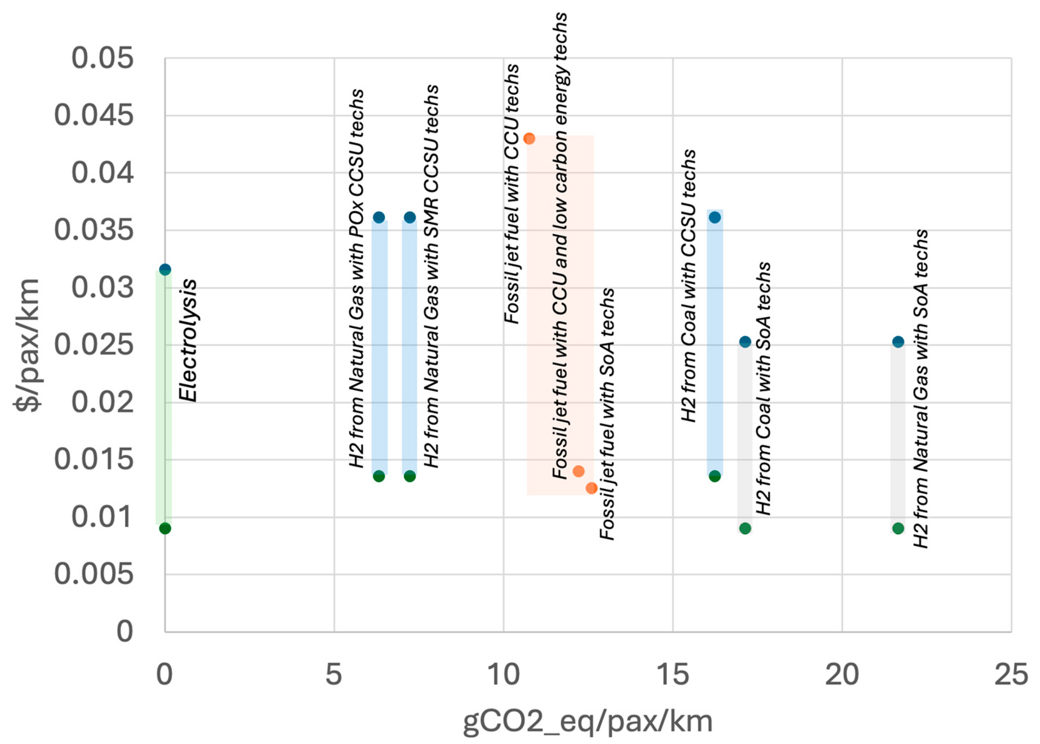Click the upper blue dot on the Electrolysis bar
pos(165,269)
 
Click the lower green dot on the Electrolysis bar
pos(165,528)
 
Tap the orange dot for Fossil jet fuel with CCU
pos(529,138)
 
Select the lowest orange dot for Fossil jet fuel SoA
pos(591,488)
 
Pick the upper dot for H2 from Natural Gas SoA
pos(898,342)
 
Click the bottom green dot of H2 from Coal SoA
pos(745,528)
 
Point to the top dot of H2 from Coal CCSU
pos(715,217)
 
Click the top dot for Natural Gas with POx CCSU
pos(379,217)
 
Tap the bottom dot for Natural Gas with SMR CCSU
pos(410,476)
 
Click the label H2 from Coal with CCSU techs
pos(689,285)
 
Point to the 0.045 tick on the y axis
pos(94,115)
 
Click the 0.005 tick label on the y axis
pos(94,574)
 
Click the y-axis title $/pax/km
pos(28,344)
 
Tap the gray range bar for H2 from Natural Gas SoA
pos(898,435)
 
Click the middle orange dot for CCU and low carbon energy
pos(579,471)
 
